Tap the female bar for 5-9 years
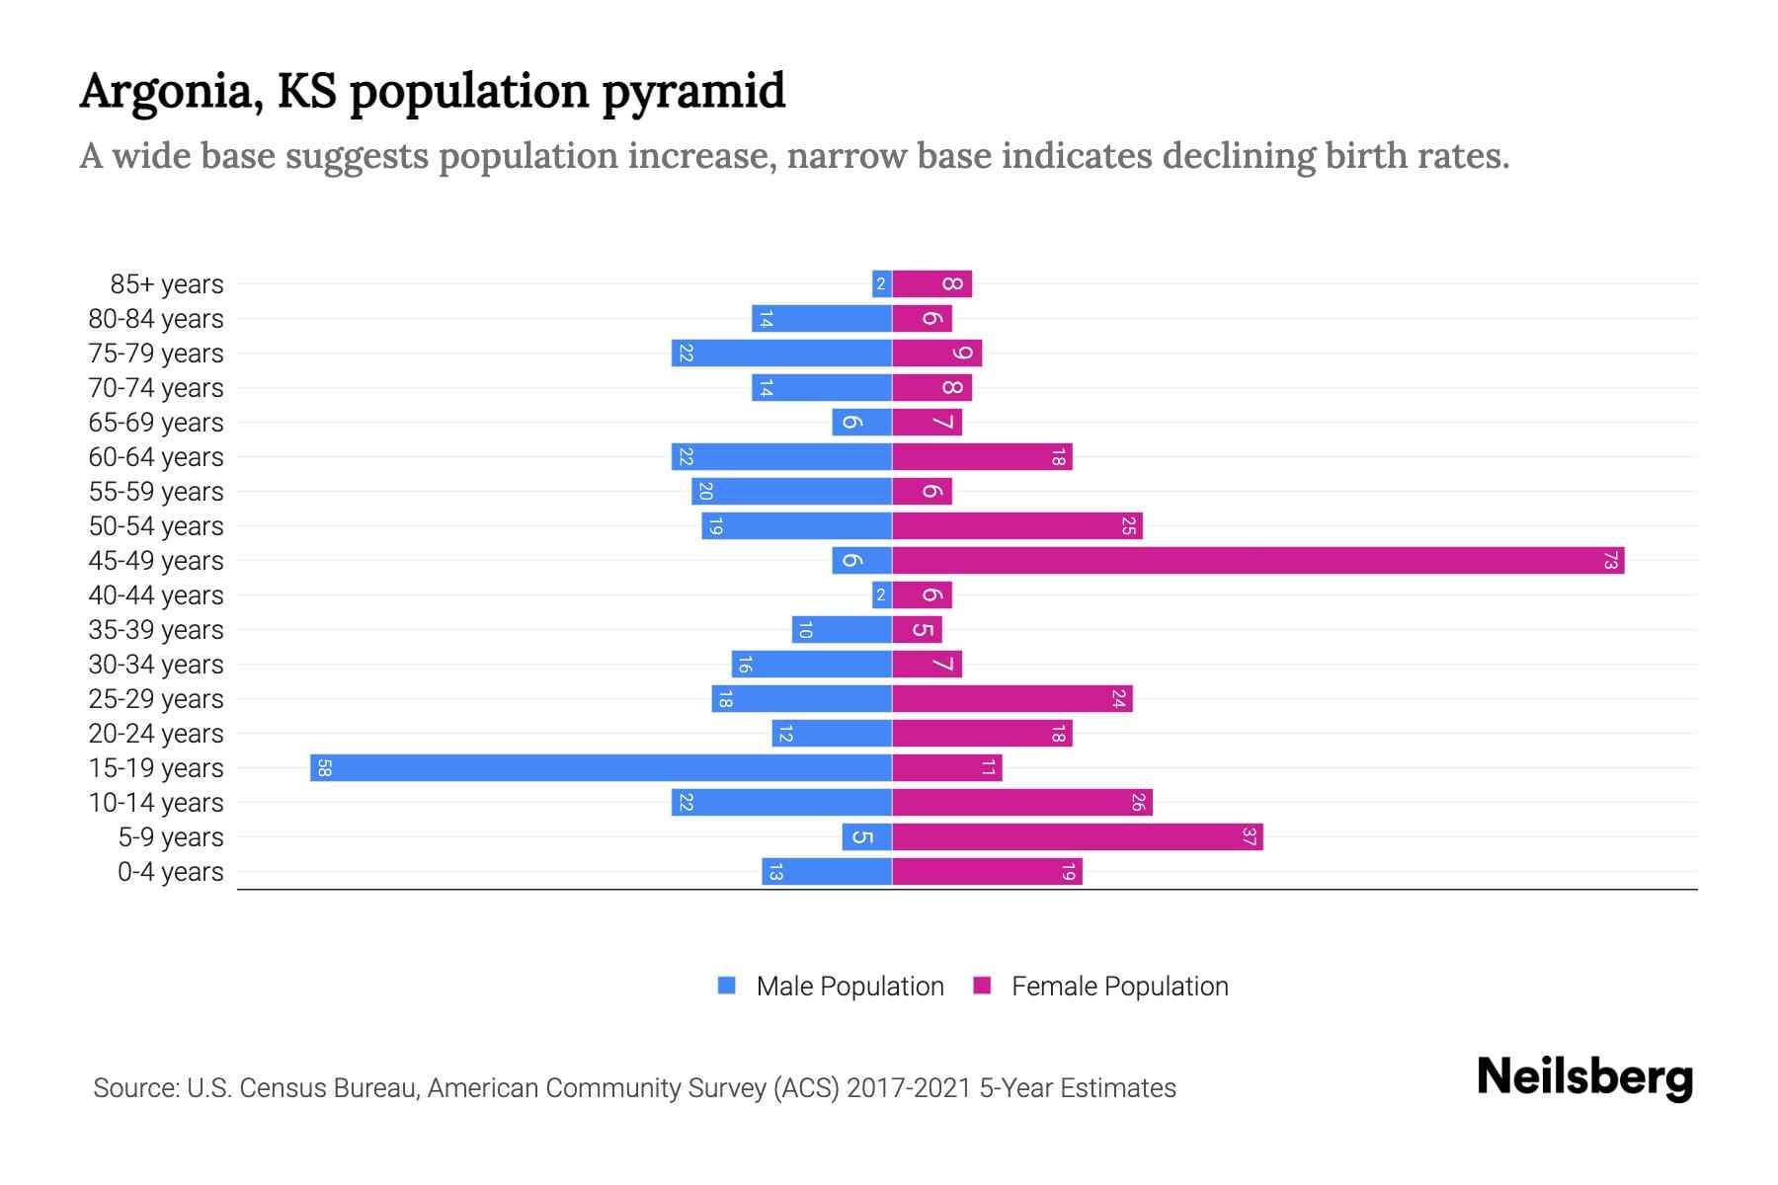1077,837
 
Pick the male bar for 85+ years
882,284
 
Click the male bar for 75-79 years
782,354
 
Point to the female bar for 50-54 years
1017,526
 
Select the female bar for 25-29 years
1012,699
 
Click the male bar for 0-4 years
828,872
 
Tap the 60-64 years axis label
156,457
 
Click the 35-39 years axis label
156,630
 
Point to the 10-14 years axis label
156,803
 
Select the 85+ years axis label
167,284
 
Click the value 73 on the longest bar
1611,561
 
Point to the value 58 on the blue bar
324,768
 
